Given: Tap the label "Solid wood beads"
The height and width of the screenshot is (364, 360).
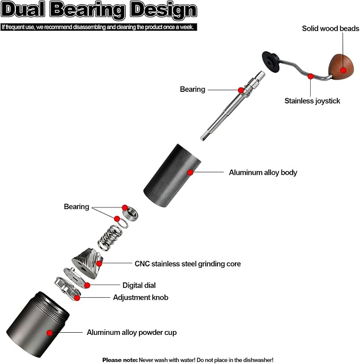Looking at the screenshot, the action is pos(330,29).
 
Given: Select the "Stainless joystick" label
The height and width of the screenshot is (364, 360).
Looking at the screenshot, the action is pos(312,101).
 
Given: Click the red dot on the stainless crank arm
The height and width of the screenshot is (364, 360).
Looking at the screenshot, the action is pos(311,76).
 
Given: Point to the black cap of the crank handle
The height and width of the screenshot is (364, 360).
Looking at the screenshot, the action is pos(271,62).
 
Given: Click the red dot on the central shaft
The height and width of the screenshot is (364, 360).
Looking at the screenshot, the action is pos(241,90).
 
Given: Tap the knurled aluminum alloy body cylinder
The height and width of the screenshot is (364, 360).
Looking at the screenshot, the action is pos(172,176).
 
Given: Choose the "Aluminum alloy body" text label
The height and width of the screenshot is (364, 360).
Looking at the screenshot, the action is pos(263,172).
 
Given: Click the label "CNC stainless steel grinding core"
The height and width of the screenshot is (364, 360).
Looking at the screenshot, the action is pos(188,264).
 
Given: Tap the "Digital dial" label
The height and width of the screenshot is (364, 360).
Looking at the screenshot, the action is pos(139,285).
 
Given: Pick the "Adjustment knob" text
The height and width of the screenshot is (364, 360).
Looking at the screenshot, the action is pos(141,297).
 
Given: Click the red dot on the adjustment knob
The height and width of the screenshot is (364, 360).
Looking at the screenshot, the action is pos(77,298).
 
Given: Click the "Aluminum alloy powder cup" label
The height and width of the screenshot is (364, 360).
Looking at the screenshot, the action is pos(131,332).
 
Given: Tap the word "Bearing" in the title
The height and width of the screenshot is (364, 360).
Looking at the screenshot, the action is pos(87,10).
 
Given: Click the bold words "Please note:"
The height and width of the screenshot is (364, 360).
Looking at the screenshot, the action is pos(120,360).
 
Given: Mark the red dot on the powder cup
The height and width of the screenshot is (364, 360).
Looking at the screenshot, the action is pos(49,333).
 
